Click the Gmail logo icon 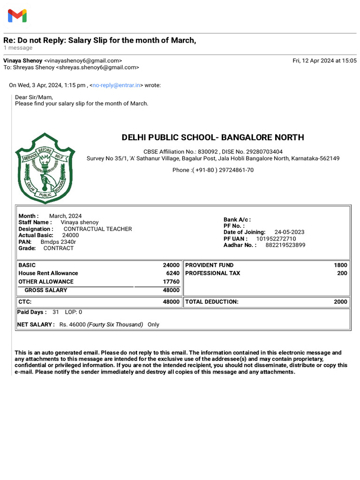[17, 16]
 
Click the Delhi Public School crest [45, 168]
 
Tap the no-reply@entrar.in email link [116, 85]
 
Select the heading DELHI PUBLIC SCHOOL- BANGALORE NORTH [213, 137]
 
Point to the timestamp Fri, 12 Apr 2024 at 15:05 [324, 60]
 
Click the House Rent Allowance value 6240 [172, 273]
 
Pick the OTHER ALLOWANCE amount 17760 [171, 282]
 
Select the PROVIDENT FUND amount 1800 [341, 265]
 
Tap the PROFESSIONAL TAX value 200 [342, 273]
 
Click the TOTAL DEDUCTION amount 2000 [341, 302]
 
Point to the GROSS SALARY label [46, 290]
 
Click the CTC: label [25, 302]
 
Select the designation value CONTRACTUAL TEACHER [97, 229]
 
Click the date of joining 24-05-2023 [289, 232]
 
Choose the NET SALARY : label [36, 324]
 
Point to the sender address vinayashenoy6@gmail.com [83, 60]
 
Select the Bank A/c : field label [237, 219]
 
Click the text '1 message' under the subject [18, 48]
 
